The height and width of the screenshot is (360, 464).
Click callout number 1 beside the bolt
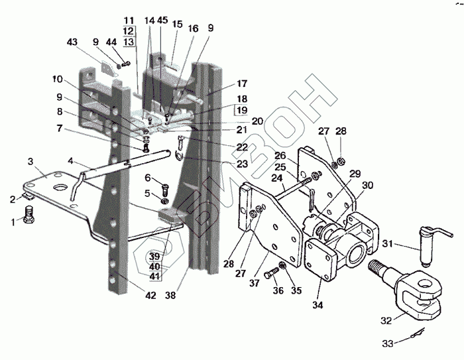10,221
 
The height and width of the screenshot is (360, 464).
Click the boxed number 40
154,267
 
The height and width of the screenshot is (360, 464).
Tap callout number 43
72,42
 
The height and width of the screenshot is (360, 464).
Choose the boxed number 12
128,31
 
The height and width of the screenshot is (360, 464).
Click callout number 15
177,24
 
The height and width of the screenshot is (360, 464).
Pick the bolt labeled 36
272,274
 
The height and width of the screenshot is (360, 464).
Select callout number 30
367,185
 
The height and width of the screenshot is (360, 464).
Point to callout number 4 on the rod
70,160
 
